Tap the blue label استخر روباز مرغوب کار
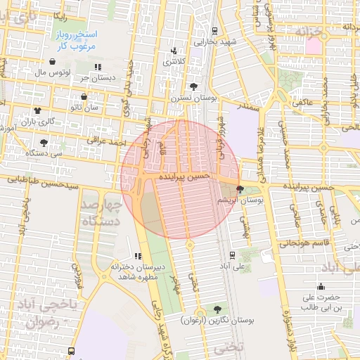(77, 40)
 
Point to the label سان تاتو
(103, 107)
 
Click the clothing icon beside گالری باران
(37, 110)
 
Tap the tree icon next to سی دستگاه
(44, 142)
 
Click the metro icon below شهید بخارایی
(214, 30)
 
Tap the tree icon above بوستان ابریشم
(240, 189)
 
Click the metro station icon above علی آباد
(232, 255)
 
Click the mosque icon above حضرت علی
(321, 285)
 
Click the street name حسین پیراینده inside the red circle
(184, 177)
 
